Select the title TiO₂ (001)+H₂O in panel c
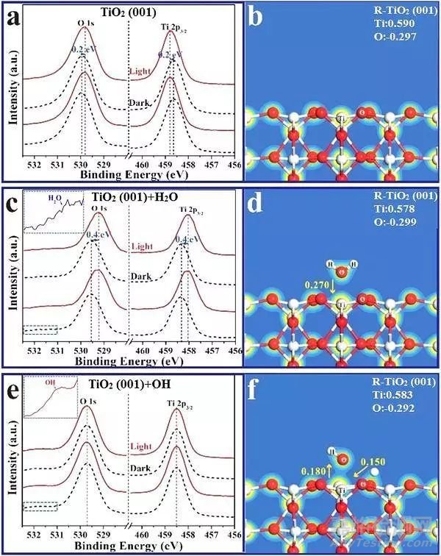pos(135,198)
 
